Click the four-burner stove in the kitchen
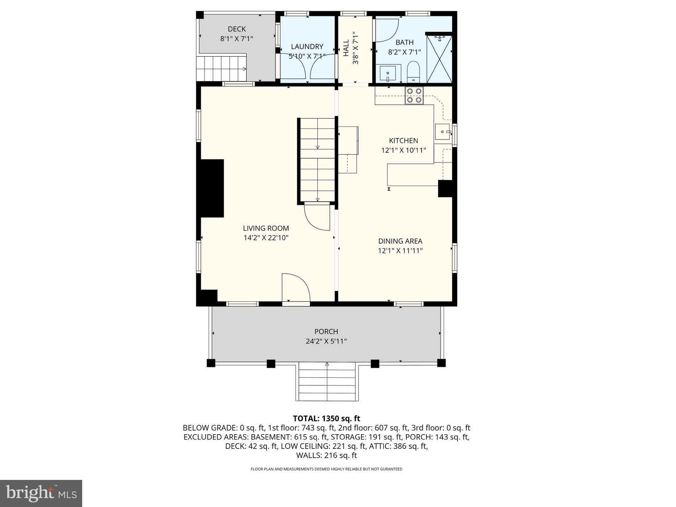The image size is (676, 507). tap(414, 96)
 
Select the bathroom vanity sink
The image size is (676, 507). tap(388, 73)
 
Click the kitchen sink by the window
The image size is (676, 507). tap(443, 132)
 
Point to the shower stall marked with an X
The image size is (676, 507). tap(439, 59)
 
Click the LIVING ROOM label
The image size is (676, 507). tap(266, 228)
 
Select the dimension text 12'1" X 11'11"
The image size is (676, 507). tap(400, 251)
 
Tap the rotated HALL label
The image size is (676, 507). tap(346, 48)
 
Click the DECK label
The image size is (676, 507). tap(237, 29)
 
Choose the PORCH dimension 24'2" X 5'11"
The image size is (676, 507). tap(326, 341)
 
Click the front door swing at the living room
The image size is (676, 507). tap(295, 288)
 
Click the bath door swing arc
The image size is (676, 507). tap(387, 30)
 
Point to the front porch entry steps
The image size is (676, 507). tap(327, 382)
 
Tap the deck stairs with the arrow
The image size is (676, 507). tap(221, 68)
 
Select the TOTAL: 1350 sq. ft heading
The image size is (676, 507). tap(326, 418)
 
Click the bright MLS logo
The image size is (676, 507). tap(41, 493)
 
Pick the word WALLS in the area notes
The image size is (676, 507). tap(307, 455)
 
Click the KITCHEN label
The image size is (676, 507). tap(403, 140)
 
